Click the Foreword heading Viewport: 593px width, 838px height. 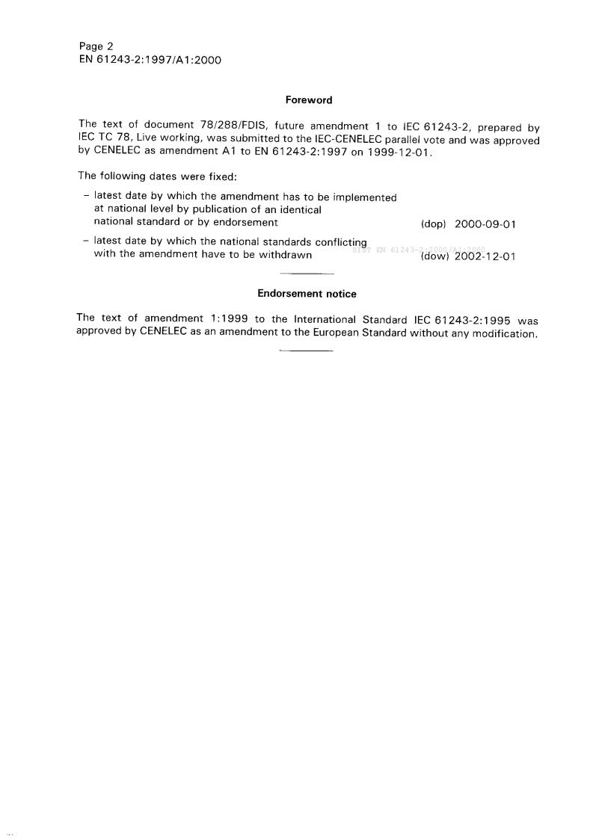tap(309, 99)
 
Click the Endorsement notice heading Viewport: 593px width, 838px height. tap(307, 294)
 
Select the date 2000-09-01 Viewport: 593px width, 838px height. tap(485, 224)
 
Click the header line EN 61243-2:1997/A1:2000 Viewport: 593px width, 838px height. tap(150, 60)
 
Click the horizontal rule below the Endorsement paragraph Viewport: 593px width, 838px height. tap(305, 351)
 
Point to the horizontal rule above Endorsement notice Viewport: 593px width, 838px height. tap(305, 274)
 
